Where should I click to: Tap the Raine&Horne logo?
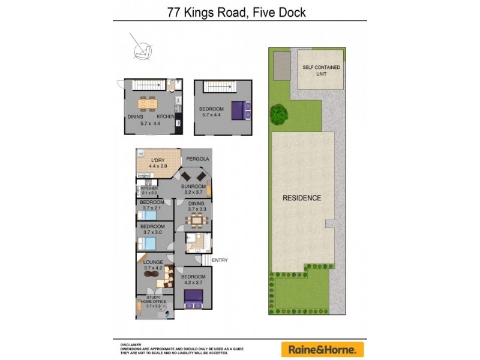point(322,349)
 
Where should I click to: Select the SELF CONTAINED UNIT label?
point(321,71)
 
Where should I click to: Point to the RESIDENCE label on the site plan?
point(302,198)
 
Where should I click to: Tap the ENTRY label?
point(219,260)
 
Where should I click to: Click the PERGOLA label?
point(197,158)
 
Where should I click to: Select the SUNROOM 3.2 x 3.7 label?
point(194,190)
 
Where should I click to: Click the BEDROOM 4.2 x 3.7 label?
point(193,280)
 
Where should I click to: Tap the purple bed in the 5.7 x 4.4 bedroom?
point(239,110)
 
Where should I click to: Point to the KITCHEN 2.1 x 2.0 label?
point(149,190)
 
